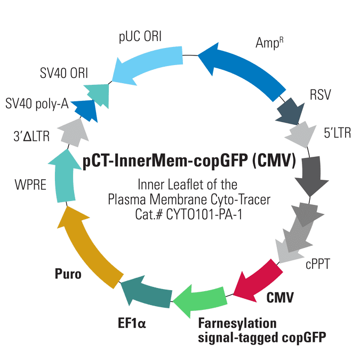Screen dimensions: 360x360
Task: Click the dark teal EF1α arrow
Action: [x=147, y=292]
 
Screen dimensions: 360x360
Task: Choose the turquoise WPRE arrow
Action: [x=65, y=177]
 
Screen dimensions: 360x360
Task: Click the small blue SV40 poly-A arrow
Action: [x=85, y=110]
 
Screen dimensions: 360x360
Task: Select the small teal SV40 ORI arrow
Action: [x=98, y=94]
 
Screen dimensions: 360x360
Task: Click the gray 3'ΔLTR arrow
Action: [x=74, y=133]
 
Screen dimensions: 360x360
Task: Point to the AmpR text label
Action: [x=269, y=43]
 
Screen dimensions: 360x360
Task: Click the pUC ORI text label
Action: [x=140, y=37]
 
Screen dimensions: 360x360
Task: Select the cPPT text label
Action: [x=318, y=264]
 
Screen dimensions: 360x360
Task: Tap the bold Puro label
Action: [x=68, y=274]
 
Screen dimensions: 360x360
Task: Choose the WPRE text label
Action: [x=30, y=185]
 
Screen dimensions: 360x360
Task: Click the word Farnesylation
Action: [x=237, y=323]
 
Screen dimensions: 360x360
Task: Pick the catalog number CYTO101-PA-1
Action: [x=204, y=215]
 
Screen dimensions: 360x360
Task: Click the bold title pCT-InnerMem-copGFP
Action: [x=165, y=161]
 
